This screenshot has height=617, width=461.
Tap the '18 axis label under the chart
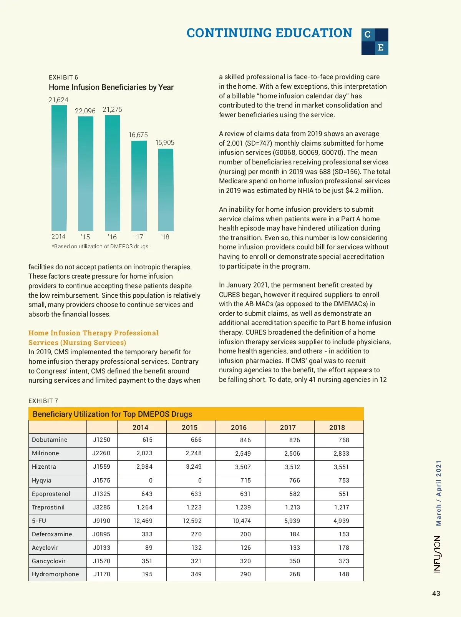[165, 237]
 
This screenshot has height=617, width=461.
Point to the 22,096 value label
[85, 111]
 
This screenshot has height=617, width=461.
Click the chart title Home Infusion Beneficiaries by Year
[111, 87]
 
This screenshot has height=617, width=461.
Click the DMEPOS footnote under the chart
[101, 246]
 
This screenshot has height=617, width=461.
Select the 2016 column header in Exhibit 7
[239, 427]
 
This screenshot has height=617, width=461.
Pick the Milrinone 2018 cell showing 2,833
[341, 453]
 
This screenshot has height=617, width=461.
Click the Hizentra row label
[44, 467]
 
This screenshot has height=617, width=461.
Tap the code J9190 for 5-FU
[101, 521]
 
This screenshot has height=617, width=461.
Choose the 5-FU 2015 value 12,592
[192, 521]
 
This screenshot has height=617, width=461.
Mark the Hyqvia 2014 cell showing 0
[151, 480]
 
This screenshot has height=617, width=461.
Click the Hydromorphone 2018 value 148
[344, 574]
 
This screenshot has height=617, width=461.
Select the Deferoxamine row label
[52, 534]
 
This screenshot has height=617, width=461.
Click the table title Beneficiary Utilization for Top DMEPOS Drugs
[112, 414]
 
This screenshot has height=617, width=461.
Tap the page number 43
[436, 594]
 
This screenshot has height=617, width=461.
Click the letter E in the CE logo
[381, 48]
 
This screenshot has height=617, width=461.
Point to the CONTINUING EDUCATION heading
[269, 33]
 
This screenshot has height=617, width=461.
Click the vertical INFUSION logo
[437, 554]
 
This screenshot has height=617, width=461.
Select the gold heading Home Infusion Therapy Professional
[93, 333]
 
